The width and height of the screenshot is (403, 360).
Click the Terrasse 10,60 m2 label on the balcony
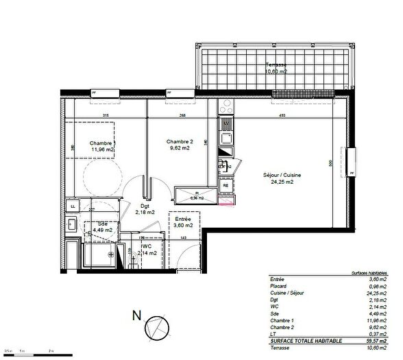pyautogui.click(x=277, y=67)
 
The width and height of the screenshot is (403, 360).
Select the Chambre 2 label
pyautogui.click(x=180, y=141)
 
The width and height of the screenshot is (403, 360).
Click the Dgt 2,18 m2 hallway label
pyautogui.click(x=145, y=209)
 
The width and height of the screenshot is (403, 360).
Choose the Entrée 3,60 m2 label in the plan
pyautogui.click(x=183, y=221)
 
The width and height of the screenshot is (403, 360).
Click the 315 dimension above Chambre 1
pyautogui.click(x=106, y=115)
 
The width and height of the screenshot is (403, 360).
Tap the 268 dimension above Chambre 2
pyautogui.click(x=183, y=115)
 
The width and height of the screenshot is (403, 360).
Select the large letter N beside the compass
pyautogui.click(x=135, y=317)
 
